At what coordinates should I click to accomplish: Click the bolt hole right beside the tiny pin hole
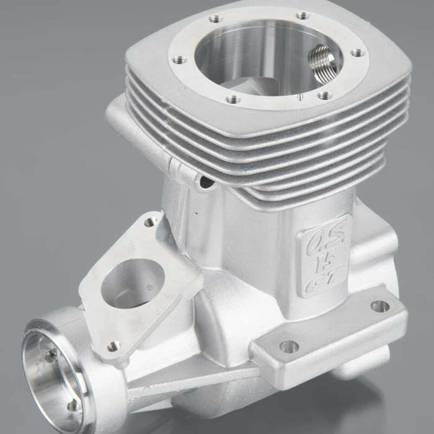324,95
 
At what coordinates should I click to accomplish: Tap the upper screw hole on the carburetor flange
150,221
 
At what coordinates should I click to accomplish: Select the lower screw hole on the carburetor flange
113,345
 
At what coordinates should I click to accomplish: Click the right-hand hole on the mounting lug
380,306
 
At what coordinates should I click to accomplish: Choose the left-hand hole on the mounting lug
289,346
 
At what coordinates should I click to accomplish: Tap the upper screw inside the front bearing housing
51,356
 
